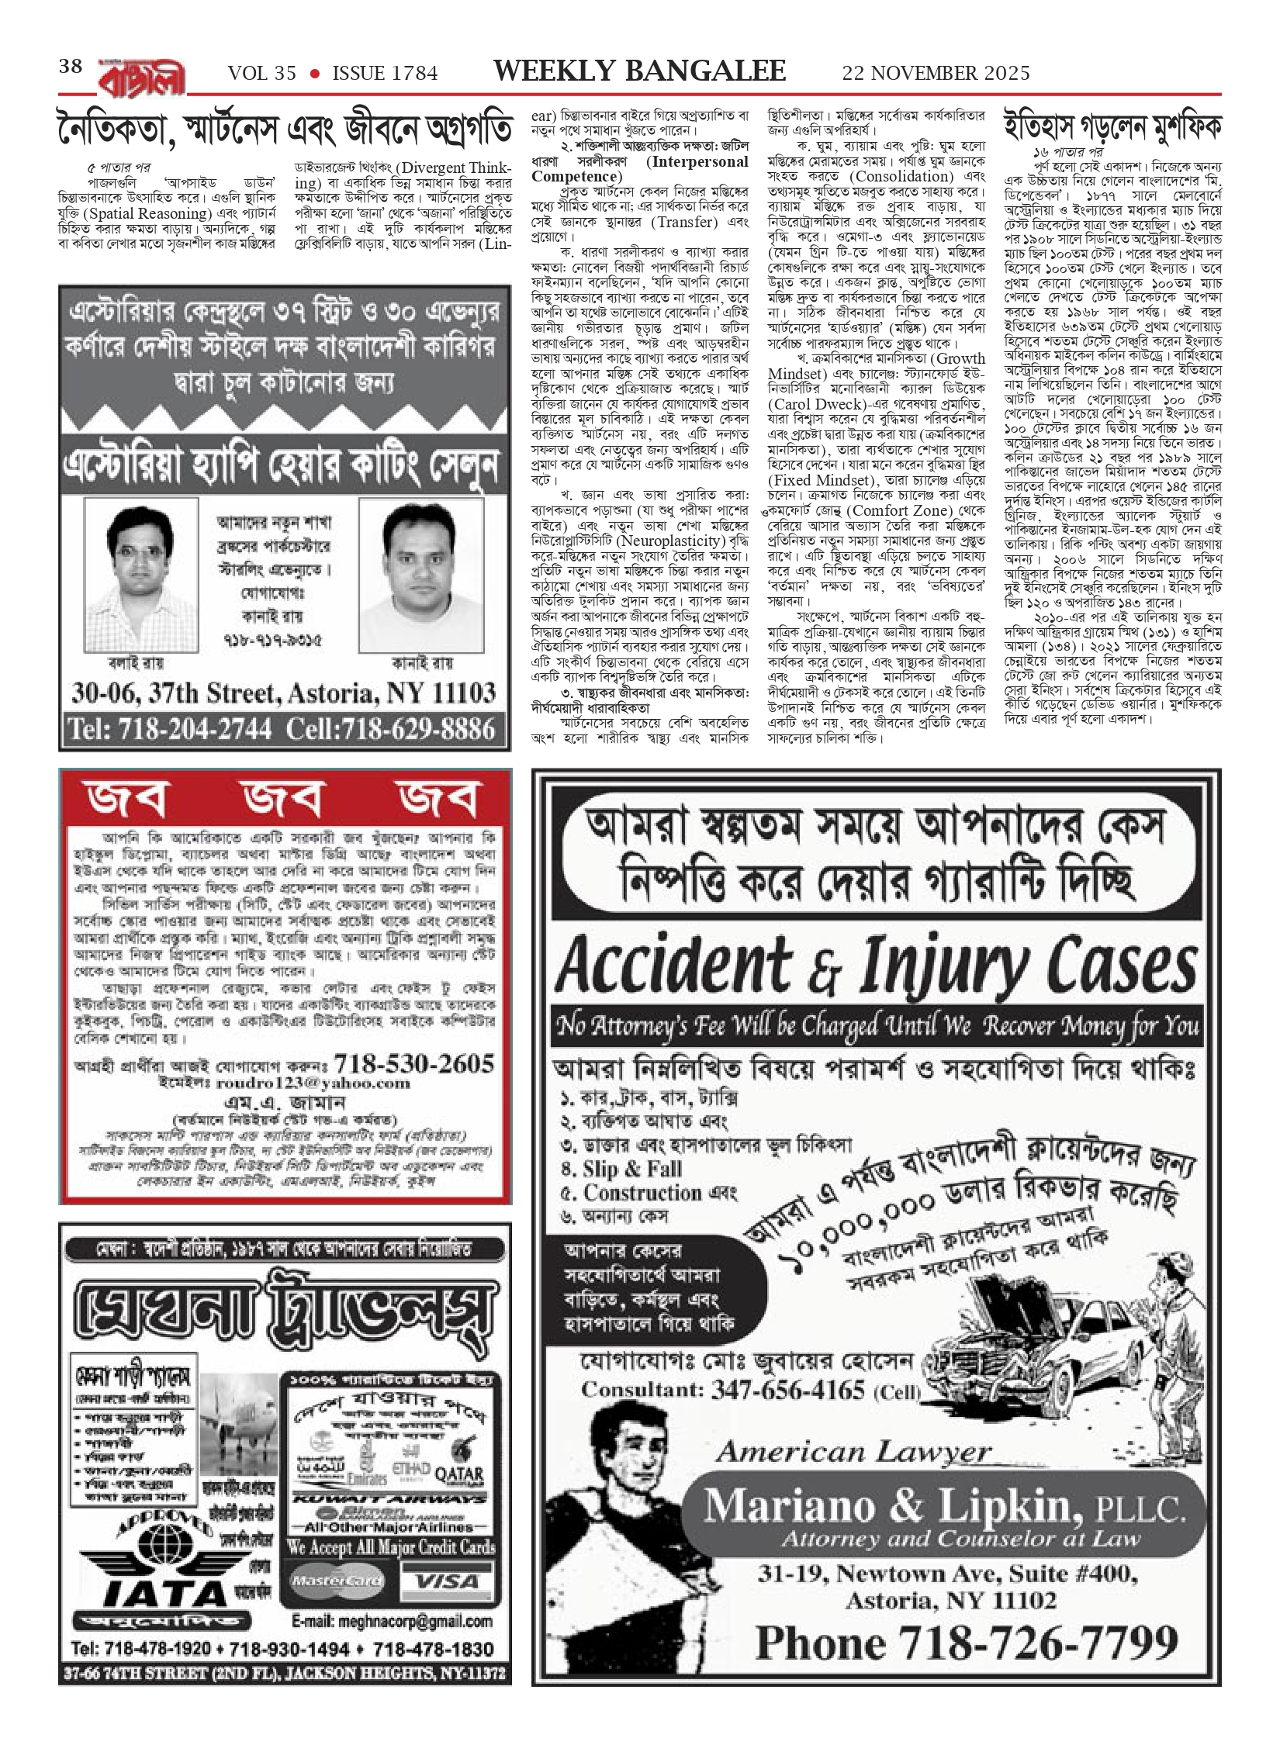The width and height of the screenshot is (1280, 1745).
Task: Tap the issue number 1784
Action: (414, 73)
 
